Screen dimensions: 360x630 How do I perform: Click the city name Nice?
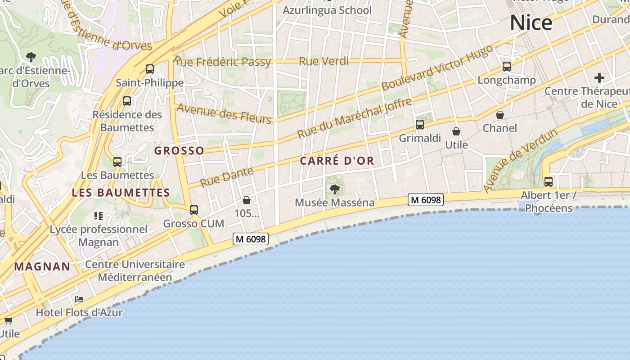531,22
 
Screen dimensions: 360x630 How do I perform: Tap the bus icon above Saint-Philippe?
150,69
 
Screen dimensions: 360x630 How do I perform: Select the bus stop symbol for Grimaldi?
420,125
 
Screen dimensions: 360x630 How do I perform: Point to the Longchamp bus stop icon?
507,67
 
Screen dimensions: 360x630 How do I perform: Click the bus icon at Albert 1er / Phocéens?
548,182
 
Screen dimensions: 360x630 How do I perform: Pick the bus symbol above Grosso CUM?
194,210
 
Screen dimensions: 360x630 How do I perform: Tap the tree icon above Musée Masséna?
334,189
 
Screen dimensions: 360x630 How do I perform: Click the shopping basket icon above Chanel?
500,115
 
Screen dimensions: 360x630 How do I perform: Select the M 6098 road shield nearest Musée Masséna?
426,199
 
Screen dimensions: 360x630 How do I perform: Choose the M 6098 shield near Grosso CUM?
251,239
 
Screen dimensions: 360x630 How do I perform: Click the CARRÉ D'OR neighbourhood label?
337,161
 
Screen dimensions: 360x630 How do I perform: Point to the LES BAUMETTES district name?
121,193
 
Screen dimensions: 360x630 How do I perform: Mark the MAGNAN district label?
42,266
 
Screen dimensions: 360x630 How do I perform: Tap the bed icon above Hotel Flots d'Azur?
79,299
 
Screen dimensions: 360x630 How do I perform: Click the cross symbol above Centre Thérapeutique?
599,77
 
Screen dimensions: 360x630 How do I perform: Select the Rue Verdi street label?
324,61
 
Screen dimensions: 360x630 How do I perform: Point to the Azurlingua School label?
327,10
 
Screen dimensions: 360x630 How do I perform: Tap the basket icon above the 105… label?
247,200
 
